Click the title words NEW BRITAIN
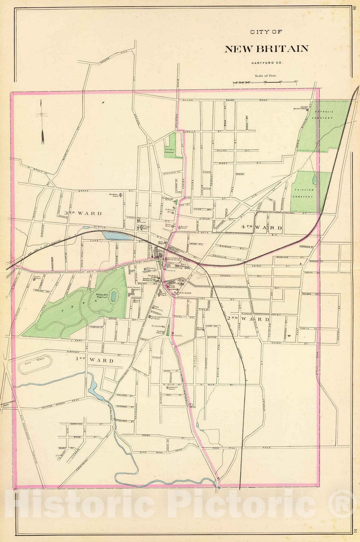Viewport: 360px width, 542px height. (266, 49)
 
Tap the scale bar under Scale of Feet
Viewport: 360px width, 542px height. (265, 82)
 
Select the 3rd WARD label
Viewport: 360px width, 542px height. (83, 213)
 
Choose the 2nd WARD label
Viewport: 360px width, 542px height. (248, 319)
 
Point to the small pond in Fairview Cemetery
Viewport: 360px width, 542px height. (315, 179)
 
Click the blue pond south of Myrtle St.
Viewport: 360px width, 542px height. (117, 236)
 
